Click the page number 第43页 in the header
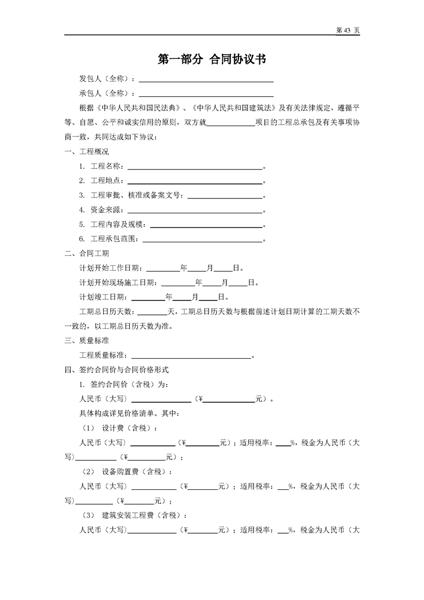(x=347, y=30)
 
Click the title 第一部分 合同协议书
(x=212, y=60)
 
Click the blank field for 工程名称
(x=195, y=167)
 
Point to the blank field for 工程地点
(x=195, y=181)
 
